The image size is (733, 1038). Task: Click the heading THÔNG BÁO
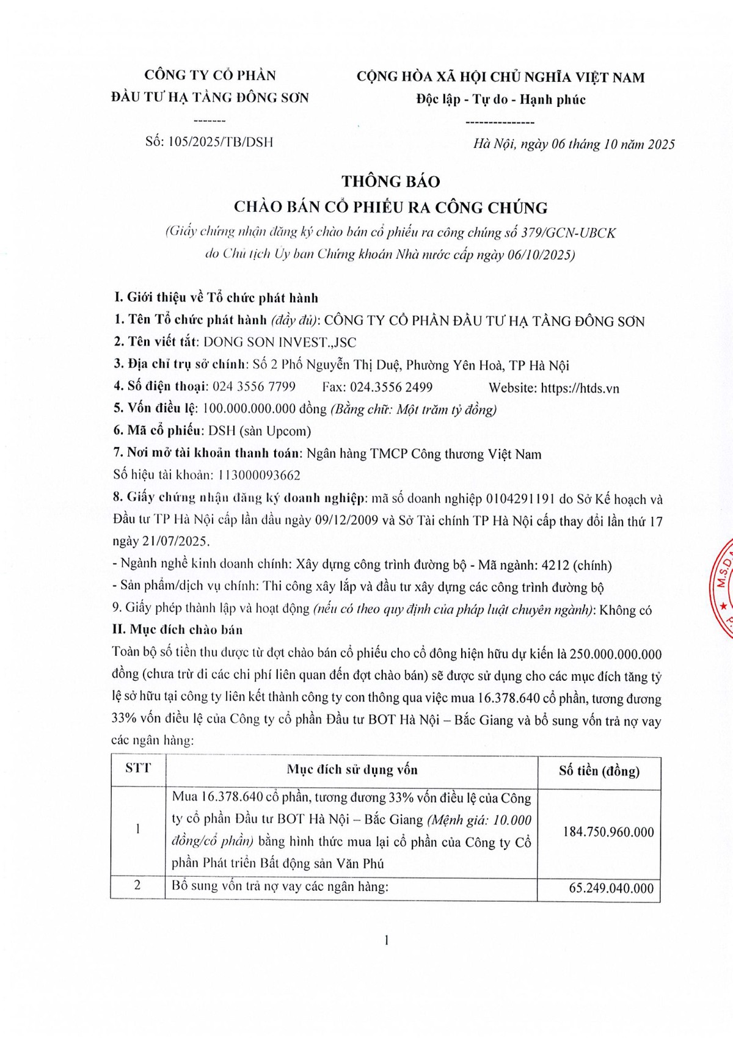[390, 181]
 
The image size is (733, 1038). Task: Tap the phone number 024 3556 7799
[253, 387]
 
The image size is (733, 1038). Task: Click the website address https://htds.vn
[580, 388]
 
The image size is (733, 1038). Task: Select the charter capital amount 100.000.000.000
[249, 409]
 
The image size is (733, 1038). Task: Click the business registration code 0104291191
[520, 499]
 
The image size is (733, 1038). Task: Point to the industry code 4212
[555, 565]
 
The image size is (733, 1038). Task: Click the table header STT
[138, 768]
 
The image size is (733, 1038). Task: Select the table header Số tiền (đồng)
[599, 771]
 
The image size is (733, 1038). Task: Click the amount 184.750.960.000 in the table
[608, 832]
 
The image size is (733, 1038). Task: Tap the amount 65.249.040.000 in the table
[611, 888]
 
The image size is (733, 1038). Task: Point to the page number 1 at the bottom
[386, 940]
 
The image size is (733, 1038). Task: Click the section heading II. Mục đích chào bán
[177, 630]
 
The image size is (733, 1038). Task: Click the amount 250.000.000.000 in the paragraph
[615, 655]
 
